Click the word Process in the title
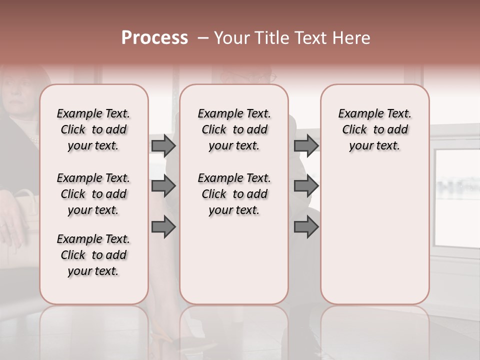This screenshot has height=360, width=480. [154, 38]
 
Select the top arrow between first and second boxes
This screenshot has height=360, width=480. [163, 145]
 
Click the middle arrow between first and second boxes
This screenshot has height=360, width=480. [163, 186]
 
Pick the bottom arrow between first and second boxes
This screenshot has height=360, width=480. [163, 227]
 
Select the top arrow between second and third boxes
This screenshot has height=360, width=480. [306, 145]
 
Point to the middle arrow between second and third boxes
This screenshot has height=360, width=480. [306, 186]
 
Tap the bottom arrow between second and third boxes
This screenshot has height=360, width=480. [306, 227]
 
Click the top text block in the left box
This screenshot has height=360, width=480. [93, 129]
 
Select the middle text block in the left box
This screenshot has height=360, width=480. [93, 194]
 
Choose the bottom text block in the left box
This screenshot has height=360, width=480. [93, 255]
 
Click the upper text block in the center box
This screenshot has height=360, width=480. [234, 129]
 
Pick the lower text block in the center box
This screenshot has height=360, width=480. [234, 194]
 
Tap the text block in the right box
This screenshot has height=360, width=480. [375, 129]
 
